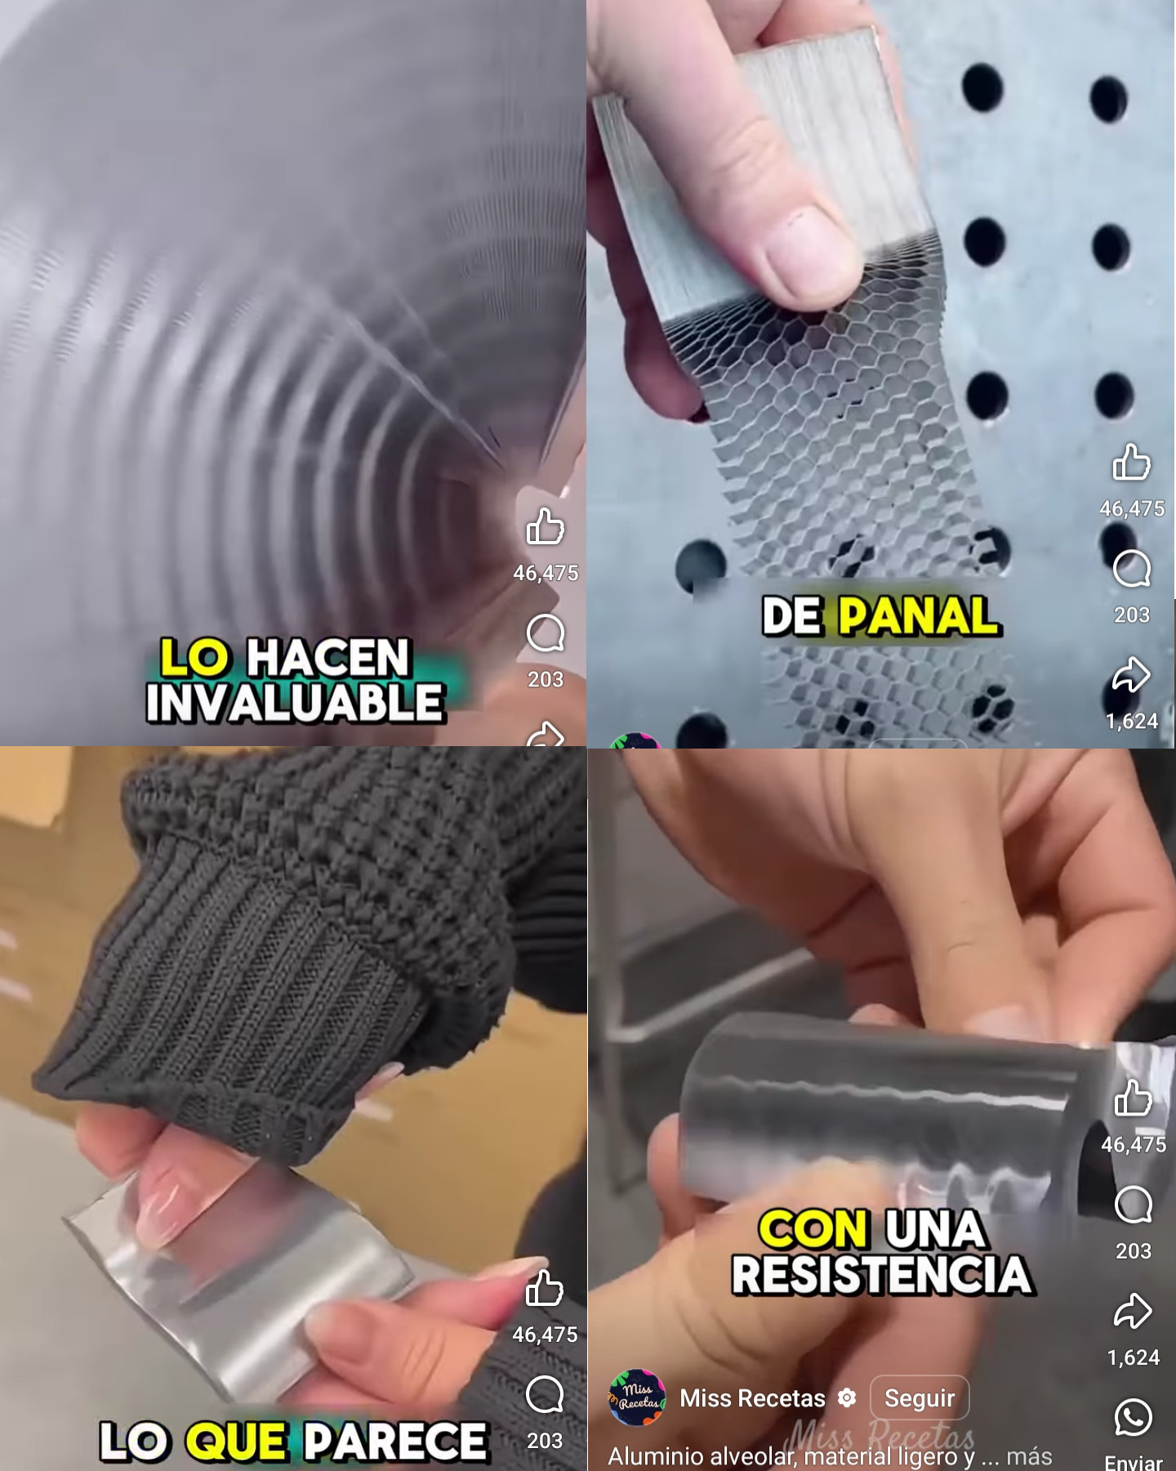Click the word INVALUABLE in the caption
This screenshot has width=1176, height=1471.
(x=295, y=703)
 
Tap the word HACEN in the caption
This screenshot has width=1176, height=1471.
(x=327, y=657)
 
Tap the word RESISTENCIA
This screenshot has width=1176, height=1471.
(x=881, y=1275)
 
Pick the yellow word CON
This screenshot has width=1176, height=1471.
(x=813, y=1229)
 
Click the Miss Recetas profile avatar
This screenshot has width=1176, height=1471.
(x=637, y=1398)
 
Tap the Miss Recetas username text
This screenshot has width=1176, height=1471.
(x=752, y=1398)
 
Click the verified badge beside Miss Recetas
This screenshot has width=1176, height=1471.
(x=848, y=1397)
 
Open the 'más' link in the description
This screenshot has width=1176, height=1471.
(x=1029, y=1455)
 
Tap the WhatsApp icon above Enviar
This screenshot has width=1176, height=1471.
(x=1133, y=1418)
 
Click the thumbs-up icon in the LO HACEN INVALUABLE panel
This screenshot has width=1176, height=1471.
(x=545, y=526)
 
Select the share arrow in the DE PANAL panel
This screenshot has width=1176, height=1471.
(x=1131, y=675)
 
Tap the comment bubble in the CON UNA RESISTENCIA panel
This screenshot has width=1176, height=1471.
(x=1133, y=1205)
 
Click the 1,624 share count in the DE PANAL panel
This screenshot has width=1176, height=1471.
(x=1131, y=721)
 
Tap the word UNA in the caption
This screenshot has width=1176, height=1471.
(x=934, y=1229)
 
